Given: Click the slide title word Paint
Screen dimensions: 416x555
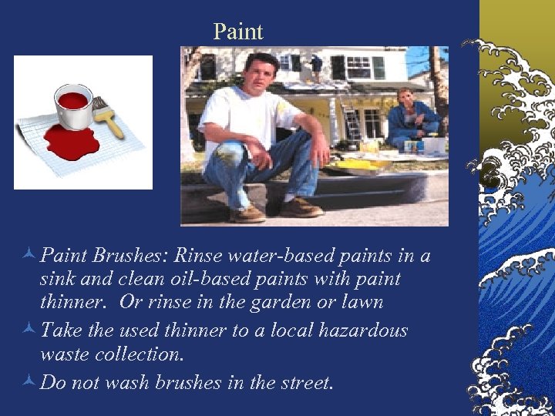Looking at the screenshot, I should point(238,32).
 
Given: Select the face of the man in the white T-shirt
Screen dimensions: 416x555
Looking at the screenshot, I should point(260,74).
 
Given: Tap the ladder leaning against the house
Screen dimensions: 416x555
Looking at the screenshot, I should point(351,116).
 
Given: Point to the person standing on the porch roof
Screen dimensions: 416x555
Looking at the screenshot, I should point(315,65).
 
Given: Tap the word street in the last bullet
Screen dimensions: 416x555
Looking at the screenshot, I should point(303,383).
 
